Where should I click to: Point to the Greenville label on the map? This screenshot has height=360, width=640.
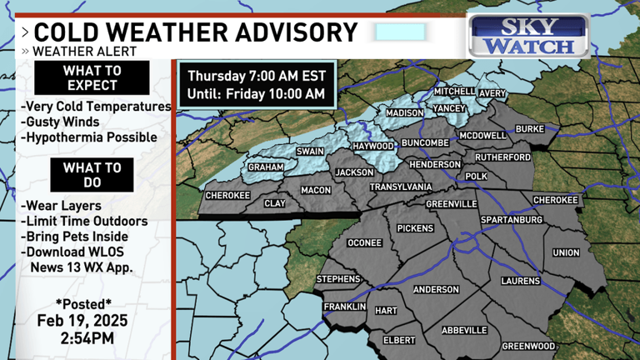[x=451, y=203]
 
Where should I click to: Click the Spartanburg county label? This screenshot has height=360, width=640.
[x=512, y=220]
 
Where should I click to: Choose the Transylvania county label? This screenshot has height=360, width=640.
[x=401, y=187]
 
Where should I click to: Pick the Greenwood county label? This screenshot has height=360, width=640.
[x=528, y=345]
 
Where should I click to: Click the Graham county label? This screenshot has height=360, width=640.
[x=266, y=167]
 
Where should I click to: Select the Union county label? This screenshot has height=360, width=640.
[x=566, y=252]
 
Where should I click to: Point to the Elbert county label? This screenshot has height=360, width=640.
[x=399, y=340]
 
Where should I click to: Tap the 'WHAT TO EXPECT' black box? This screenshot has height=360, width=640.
[x=92, y=78]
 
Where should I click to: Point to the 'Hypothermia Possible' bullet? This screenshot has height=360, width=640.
[x=88, y=137]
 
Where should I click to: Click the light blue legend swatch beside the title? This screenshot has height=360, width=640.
[x=400, y=32]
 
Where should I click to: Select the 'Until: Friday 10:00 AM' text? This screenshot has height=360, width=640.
[x=256, y=93]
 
